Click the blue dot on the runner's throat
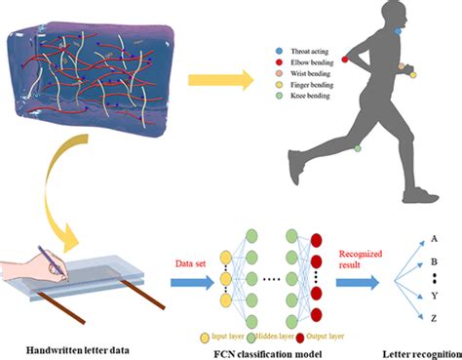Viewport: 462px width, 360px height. pyautogui.click(x=398, y=31)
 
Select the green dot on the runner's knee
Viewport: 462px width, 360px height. pyautogui.click(x=358, y=148)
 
